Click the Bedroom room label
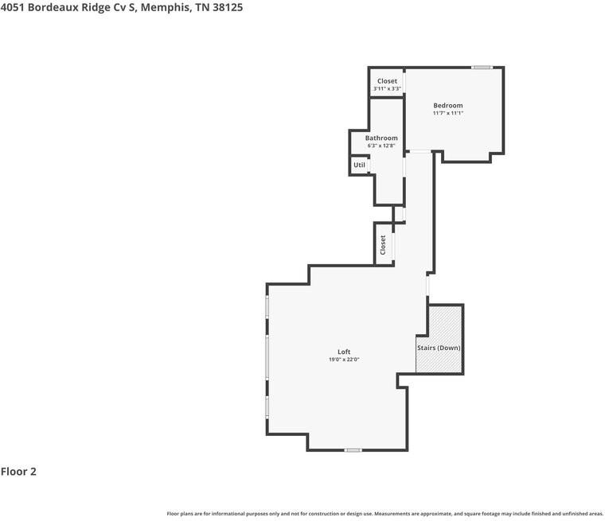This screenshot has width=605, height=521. pyautogui.click(x=447, y=105)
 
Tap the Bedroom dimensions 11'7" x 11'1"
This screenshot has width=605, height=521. pyautogui.click(x=447, y=113)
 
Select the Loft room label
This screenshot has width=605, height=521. pyautogui.click(x=344, y=352)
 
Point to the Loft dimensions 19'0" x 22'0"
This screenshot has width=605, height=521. pyautogui.click(x=344, y=360)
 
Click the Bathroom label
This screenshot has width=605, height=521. pyautogui.click(x=381, y=138)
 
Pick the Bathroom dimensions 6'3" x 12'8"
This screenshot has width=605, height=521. pyautogui.click(x=381, y=146)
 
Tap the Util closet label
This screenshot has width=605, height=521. pyautogui.click(x=359, y=165)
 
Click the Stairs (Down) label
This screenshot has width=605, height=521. pyautogui.click(x=439, y=348)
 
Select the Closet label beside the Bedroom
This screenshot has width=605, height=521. pyautogui.click(x=387, y=81)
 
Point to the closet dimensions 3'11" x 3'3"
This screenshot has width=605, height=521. pyautogui.click(x=387, y=89)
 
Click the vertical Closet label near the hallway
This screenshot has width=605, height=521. pyautogui.click(x=383, y=245)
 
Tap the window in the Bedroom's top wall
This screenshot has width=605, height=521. pyautogui.click(x=482, y=68)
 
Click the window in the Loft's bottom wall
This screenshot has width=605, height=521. pyautogui.click(x=353, y=450)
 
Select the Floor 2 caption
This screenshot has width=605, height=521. pyautogui.click(x=18, y=472)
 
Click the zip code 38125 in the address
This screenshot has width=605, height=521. pyautogui.click(x=228, y=7)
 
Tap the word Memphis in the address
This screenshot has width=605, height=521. pyautogui.click(x=165, y=8)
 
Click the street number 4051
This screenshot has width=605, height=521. pyautogui.click(x=13, y=7)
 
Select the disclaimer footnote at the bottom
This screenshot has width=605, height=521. pyautogui.click(x=385, y=514)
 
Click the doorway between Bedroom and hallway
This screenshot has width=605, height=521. pyautogui.click(x=419, y=152)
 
